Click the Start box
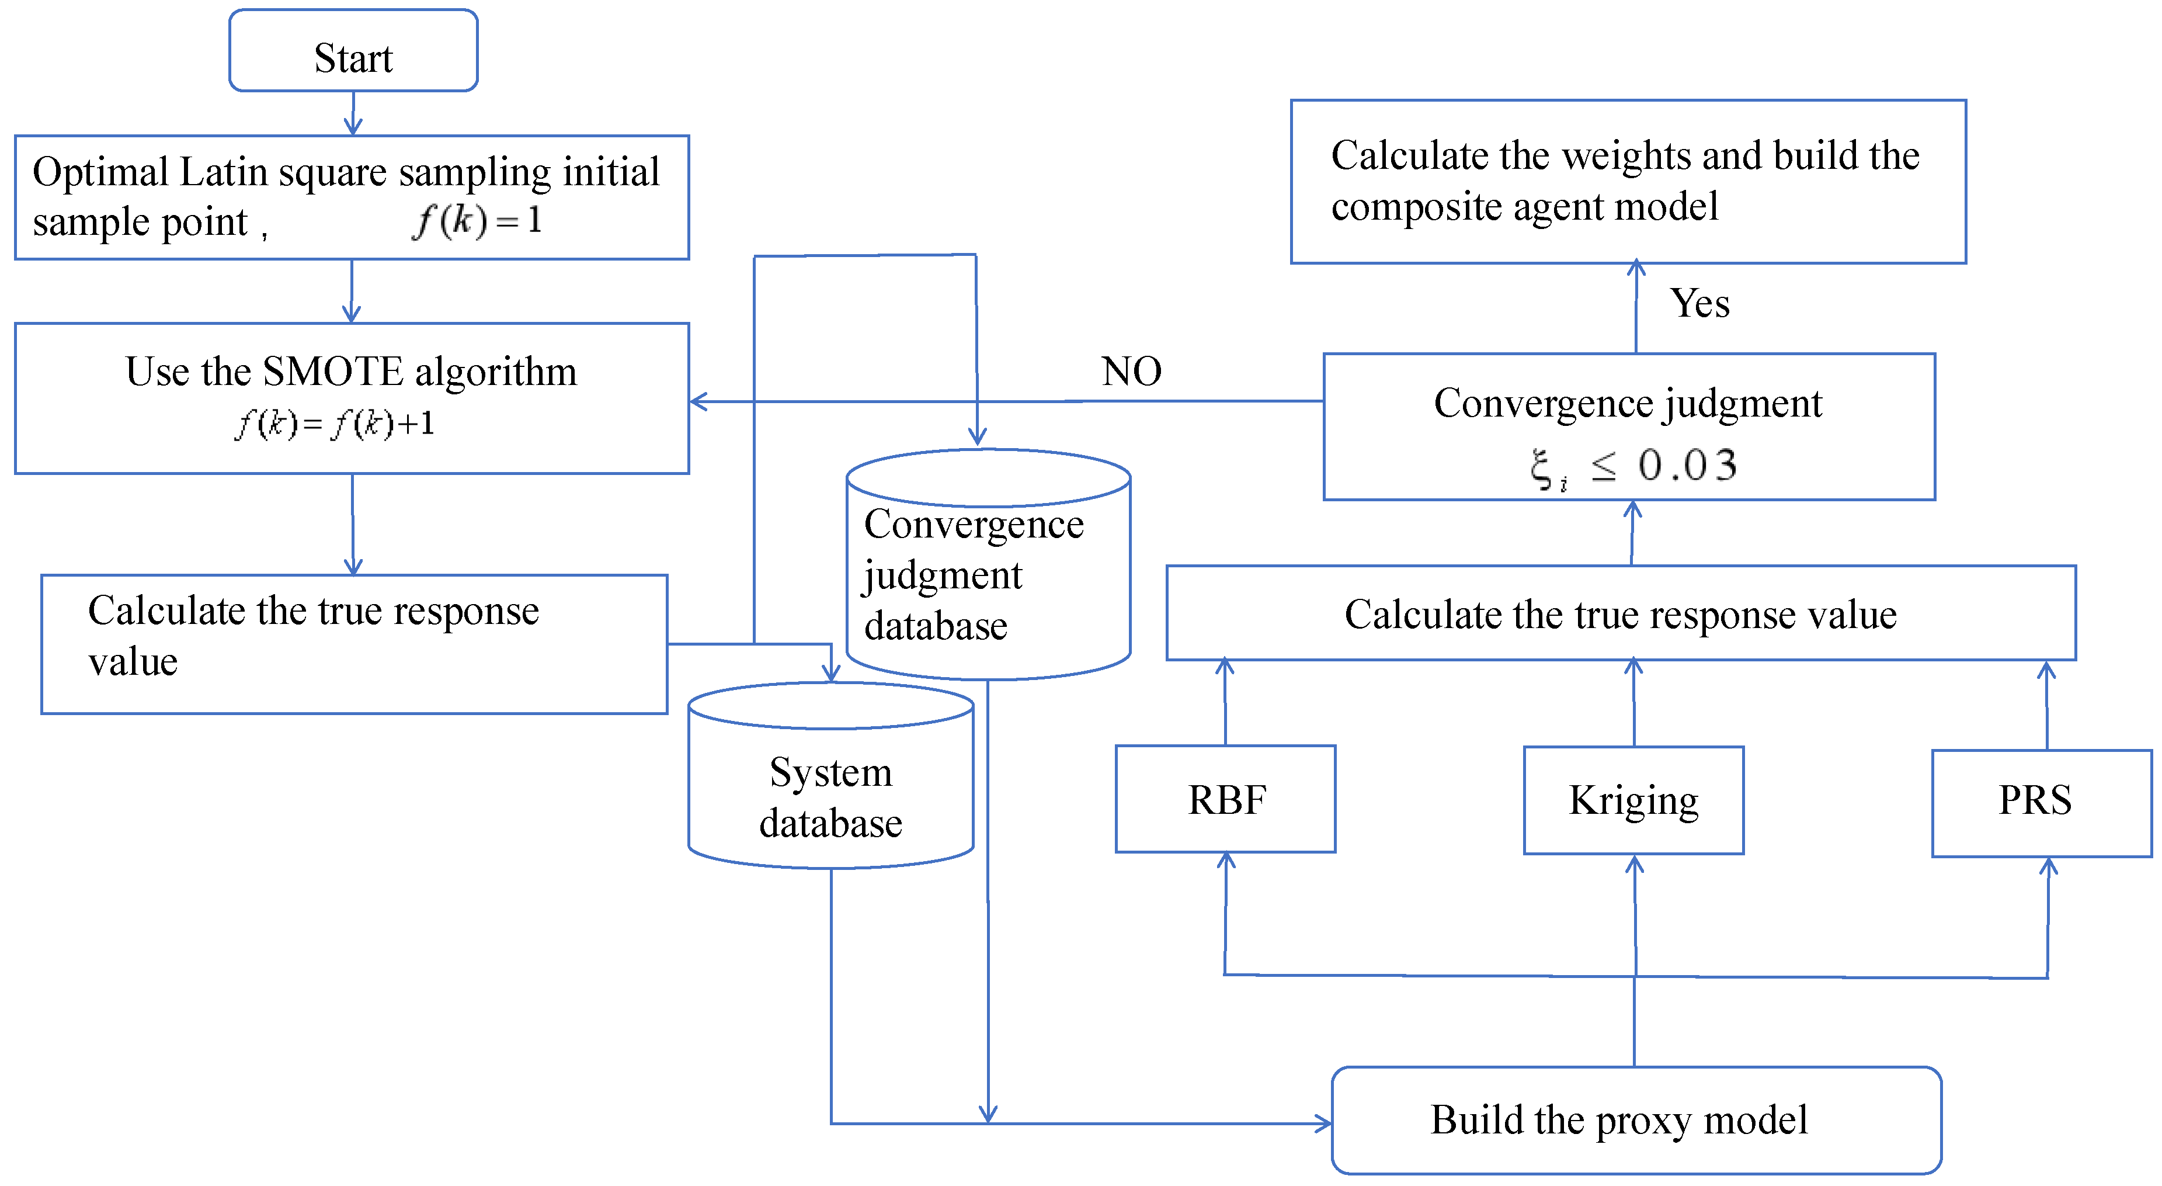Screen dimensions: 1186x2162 [353, 50]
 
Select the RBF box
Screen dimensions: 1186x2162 [1225, 799]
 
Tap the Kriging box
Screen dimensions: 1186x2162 [1633, 800]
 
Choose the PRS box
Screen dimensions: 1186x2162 [2041, 802]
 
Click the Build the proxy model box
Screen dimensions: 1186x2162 [1636, 1120]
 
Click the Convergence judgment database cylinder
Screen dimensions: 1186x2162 [988, 575]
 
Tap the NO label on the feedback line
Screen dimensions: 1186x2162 [1131, 371]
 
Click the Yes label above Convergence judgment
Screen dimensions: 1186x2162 [1699, 303]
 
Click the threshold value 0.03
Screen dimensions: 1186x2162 [1687, 465]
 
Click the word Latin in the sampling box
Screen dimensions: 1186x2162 [223, 172]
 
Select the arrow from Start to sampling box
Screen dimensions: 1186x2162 [353, 113]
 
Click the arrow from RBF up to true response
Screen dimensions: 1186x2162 [1225, 702]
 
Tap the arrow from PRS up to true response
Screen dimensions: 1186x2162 [2047, 705]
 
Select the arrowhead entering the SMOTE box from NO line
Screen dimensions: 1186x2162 [699, 402]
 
